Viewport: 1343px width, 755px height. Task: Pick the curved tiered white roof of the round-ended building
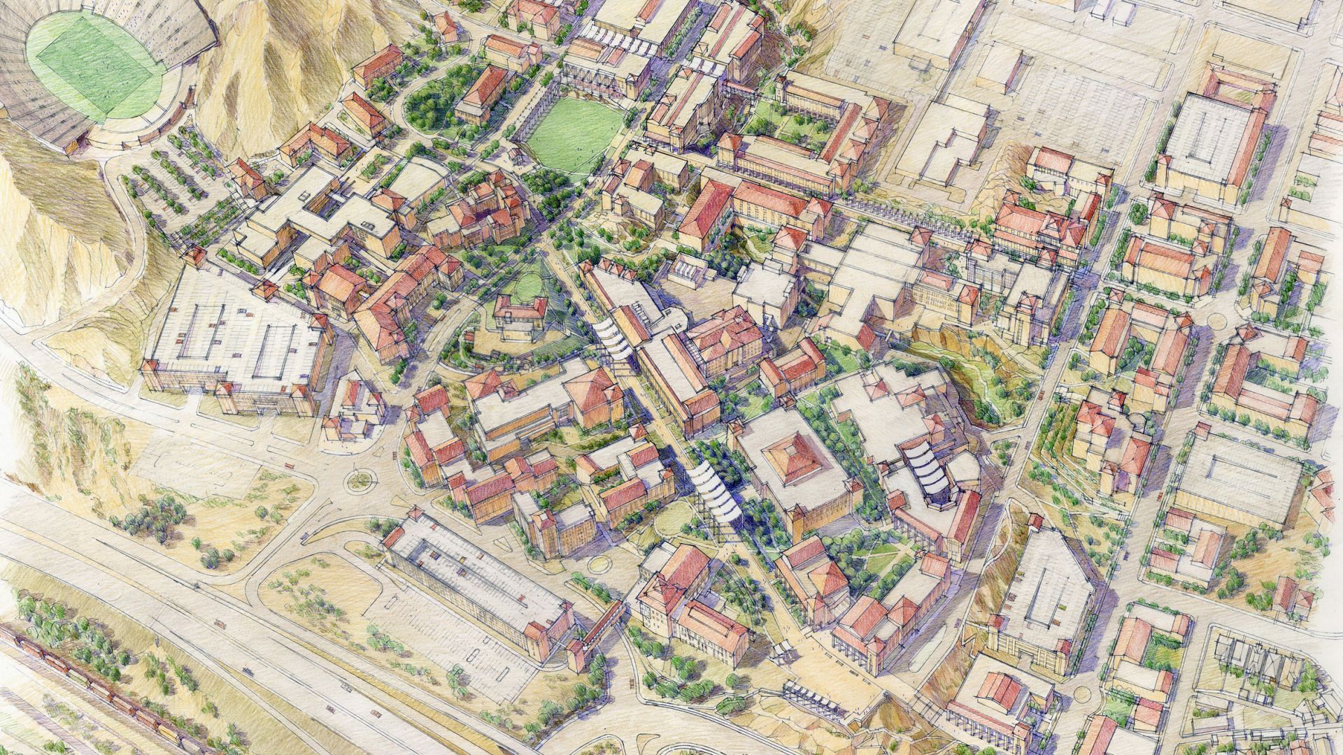927,468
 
